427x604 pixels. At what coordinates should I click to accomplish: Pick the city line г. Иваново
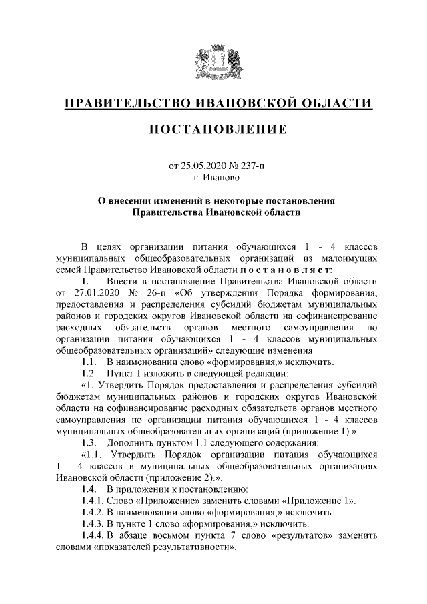point(213,178)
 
